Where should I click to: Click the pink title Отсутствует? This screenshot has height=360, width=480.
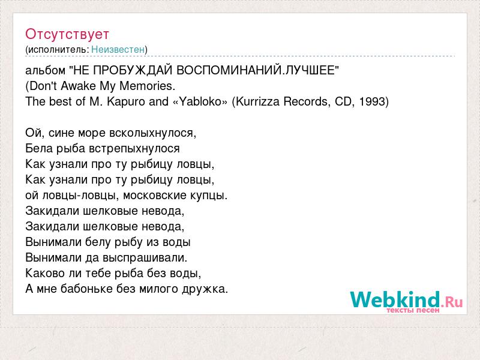pyautogui.click(x=67, y=34)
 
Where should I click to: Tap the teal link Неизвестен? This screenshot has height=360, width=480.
pyautogui.click(x=118, y=49)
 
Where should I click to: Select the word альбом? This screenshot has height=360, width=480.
pyautogui.click(x=46, y=70)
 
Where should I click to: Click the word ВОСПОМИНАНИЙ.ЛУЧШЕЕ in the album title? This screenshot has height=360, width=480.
pyautogui.click(x=258, y=70)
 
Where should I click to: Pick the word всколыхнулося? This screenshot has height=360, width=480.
pyautogui.click(x=152, y=133)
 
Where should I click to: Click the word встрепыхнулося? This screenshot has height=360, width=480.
pyautogui.click(x=134, y=148)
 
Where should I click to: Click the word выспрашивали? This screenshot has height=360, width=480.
pyautogui.click(x=145, y=258)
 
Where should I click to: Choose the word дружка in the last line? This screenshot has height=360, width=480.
pyautogui.click(x=205, y=289)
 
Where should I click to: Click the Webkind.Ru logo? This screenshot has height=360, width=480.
pyautogui.click(x=406, y=301)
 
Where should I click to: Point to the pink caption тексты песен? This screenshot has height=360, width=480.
pyautogui.click(x=413, y=310)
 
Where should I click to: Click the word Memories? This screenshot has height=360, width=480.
pyautogui.click(x=147, y=86)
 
